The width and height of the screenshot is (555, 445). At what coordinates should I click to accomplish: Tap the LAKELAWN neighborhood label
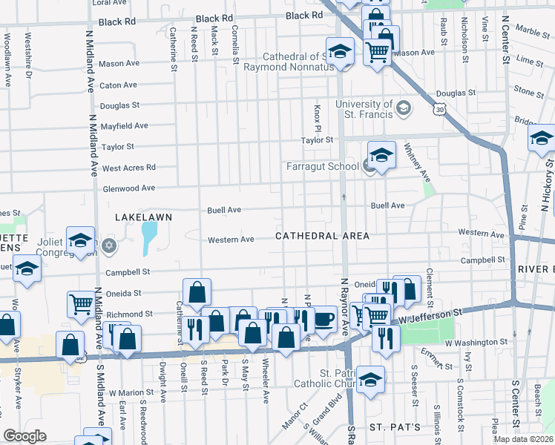pos(143,217)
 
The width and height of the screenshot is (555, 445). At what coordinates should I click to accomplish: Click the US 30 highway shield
pos(441,108)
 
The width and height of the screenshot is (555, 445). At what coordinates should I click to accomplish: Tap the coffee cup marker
pos(324,319)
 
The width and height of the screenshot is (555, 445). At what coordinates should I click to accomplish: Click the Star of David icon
pos(109,245)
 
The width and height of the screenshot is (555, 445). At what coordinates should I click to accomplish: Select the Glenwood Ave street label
pos(128,188)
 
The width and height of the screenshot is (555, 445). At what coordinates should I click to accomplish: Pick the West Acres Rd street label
pos(129,168)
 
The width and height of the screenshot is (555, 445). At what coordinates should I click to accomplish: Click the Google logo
pos(24,436)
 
